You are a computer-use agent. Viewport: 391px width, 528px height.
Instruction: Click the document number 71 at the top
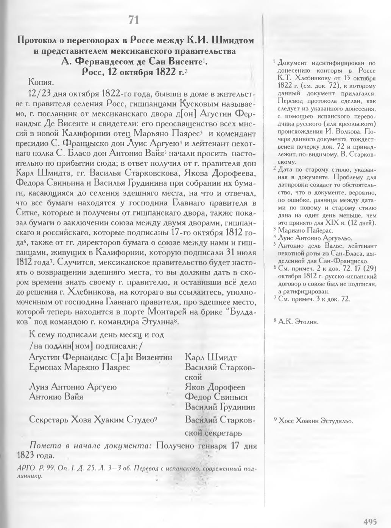coord(134,20)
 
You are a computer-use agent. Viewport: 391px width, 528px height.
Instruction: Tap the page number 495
coord(370,522)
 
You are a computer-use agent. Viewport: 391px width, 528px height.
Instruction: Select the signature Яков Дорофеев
coord(215,387)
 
